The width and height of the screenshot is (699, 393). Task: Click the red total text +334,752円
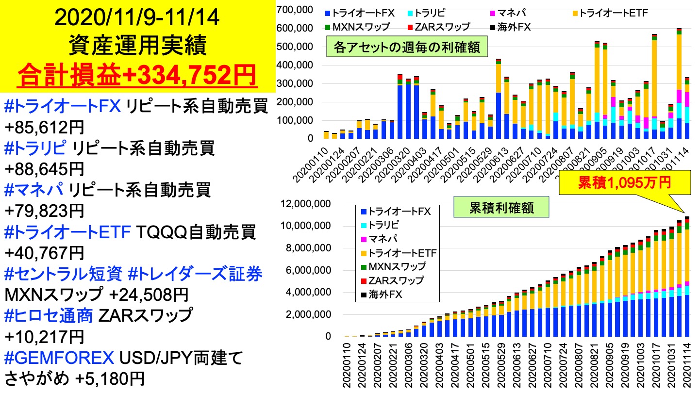pyautogui.click(x=138, y=75)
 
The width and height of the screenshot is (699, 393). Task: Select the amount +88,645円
pyautogui.click(x=44, y=169)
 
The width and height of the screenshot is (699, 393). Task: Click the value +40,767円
pyautogui.click(x=44, y=253)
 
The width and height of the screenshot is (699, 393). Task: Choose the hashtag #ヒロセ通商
pyautogui.click(x=48, y=316)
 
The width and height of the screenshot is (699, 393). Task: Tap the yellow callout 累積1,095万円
pyautogui.click(x=624, y=182)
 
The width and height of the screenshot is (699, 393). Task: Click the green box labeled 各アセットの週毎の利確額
pyautogui.click(x=407, y=48)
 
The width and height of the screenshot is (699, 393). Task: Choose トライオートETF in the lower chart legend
pyautogui.click(x=402, y=253)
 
